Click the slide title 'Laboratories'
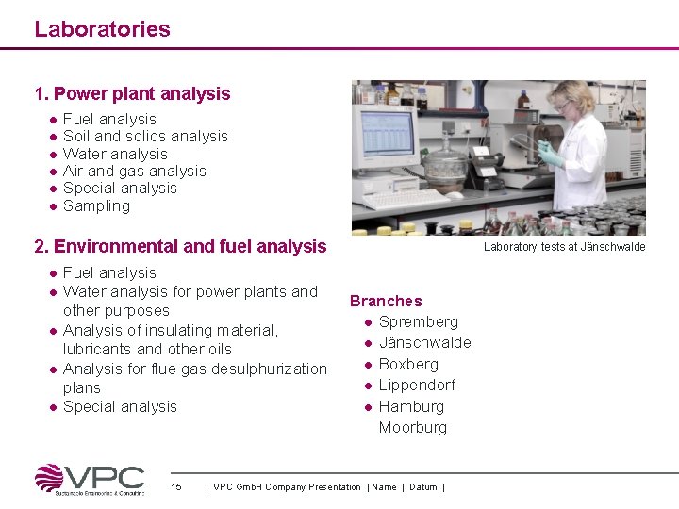102,29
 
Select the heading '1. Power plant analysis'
132,93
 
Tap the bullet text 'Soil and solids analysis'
145,136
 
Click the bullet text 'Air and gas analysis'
134,171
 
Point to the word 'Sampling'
96,205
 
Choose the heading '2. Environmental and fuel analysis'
180,246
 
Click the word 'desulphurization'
268,369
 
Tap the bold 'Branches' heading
386,301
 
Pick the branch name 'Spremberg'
418,321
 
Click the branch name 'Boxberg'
408,364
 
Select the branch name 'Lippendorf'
417,385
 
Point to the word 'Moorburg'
413,427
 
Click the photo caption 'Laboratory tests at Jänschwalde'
564,247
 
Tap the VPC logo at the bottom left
90,479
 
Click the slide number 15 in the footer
176,487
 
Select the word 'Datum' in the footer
423,487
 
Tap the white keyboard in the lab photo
406,201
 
